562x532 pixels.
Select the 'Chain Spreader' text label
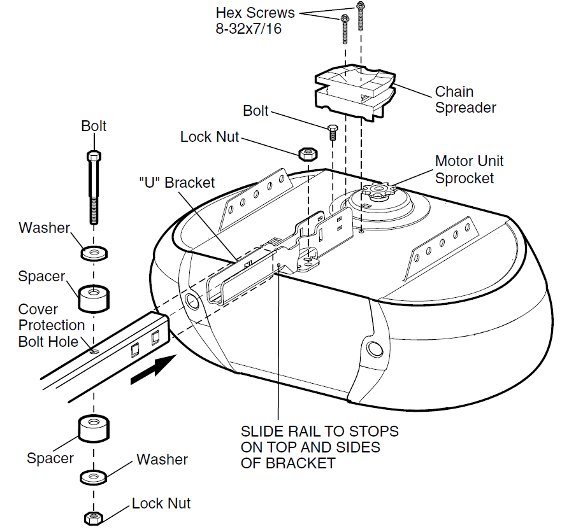465,100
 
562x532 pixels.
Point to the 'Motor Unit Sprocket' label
468,170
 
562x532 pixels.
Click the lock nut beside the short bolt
307,153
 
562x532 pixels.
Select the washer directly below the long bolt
94,253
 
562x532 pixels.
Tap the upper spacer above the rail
94,297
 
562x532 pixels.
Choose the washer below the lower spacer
94,476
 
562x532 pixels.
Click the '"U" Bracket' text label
177,183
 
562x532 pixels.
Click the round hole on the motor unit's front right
373,348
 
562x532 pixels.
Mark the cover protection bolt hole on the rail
94,349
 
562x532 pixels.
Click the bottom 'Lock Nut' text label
161,503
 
